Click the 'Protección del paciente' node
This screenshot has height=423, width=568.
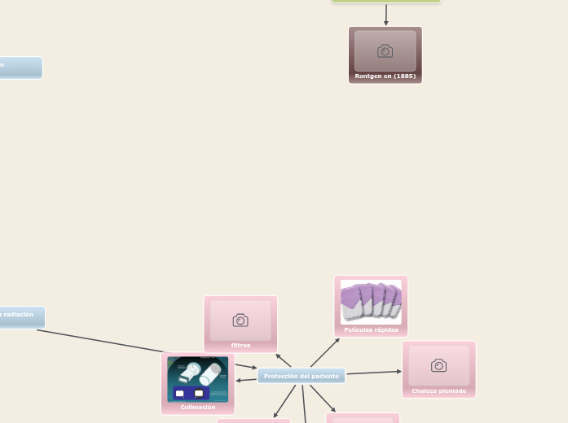[x=301, y=376]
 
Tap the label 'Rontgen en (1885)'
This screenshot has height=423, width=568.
[x=385, y=76]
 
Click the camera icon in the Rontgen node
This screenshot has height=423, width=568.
[x=385, y=51]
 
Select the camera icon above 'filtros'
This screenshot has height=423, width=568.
[x=240, y=321]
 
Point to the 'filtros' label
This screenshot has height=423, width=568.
[x=240, y=345]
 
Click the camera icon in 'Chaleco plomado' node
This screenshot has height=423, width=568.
[x=438, y=365]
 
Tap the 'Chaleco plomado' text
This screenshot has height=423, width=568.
[x=438, y=390]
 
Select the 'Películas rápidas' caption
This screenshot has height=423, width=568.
[x=371, y=329]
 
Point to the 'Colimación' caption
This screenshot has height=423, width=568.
[x=198, y=407]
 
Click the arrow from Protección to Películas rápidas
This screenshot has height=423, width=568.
[x=326, y=351]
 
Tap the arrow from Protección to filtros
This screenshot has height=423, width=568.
[x=283, y=360]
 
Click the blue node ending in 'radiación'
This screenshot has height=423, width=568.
[x=20, y=316]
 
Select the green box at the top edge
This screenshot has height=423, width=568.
[x=385, y=2]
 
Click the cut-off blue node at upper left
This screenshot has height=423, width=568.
[x=20, y=67]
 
